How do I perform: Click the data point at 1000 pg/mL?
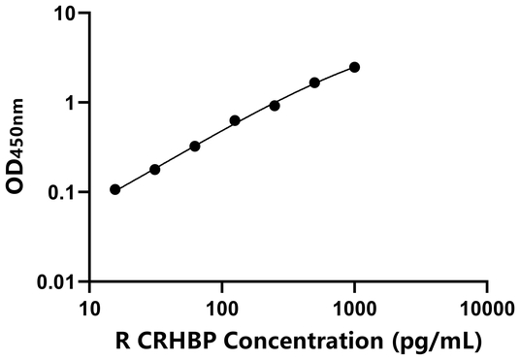pos(354,67)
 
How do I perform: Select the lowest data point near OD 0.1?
pos(115,189)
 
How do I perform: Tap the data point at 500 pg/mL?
pos(314,82)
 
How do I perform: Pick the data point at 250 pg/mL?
pos(275,105)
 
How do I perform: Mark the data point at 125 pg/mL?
pos(235,120)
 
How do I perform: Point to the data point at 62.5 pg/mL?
pos(195,146)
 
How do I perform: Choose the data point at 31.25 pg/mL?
pos(155,169)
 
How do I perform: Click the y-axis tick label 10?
pos(64,15)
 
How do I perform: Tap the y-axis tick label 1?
pos(70,104)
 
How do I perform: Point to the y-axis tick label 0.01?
pos(58,282)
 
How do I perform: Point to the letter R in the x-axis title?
pos(122,341)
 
